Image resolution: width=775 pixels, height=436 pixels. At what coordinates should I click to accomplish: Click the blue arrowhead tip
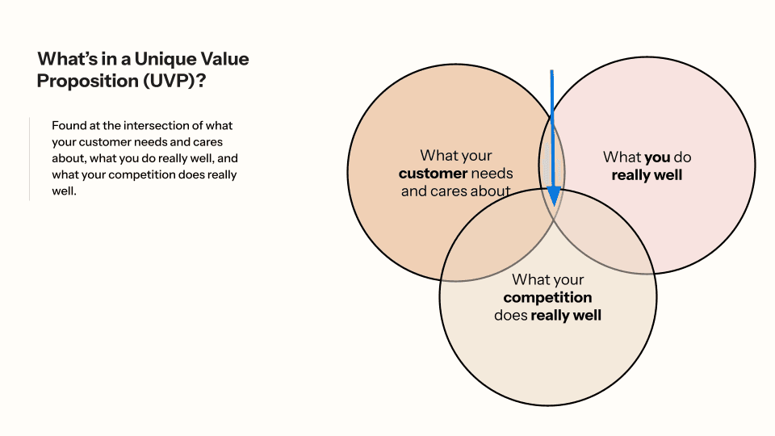coord(554,203)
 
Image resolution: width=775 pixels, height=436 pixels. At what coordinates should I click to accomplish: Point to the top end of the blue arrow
coord(551,71)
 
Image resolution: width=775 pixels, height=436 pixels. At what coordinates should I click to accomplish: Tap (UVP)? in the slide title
coord(180,81)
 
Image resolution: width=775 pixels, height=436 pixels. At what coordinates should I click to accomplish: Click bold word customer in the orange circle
coord(434,174)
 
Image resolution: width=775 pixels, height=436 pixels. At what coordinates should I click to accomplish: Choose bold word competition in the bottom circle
coord(547,298)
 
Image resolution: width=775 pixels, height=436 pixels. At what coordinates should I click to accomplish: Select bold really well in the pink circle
coord(647,175)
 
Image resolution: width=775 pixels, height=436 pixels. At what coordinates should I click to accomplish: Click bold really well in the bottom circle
coord(566,316)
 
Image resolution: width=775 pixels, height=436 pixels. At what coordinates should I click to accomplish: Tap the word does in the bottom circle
coord(510,316)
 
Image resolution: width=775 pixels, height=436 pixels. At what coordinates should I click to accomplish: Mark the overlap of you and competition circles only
coord(605,234)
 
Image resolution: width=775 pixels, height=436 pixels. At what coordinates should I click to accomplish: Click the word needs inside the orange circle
coord(492,174)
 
